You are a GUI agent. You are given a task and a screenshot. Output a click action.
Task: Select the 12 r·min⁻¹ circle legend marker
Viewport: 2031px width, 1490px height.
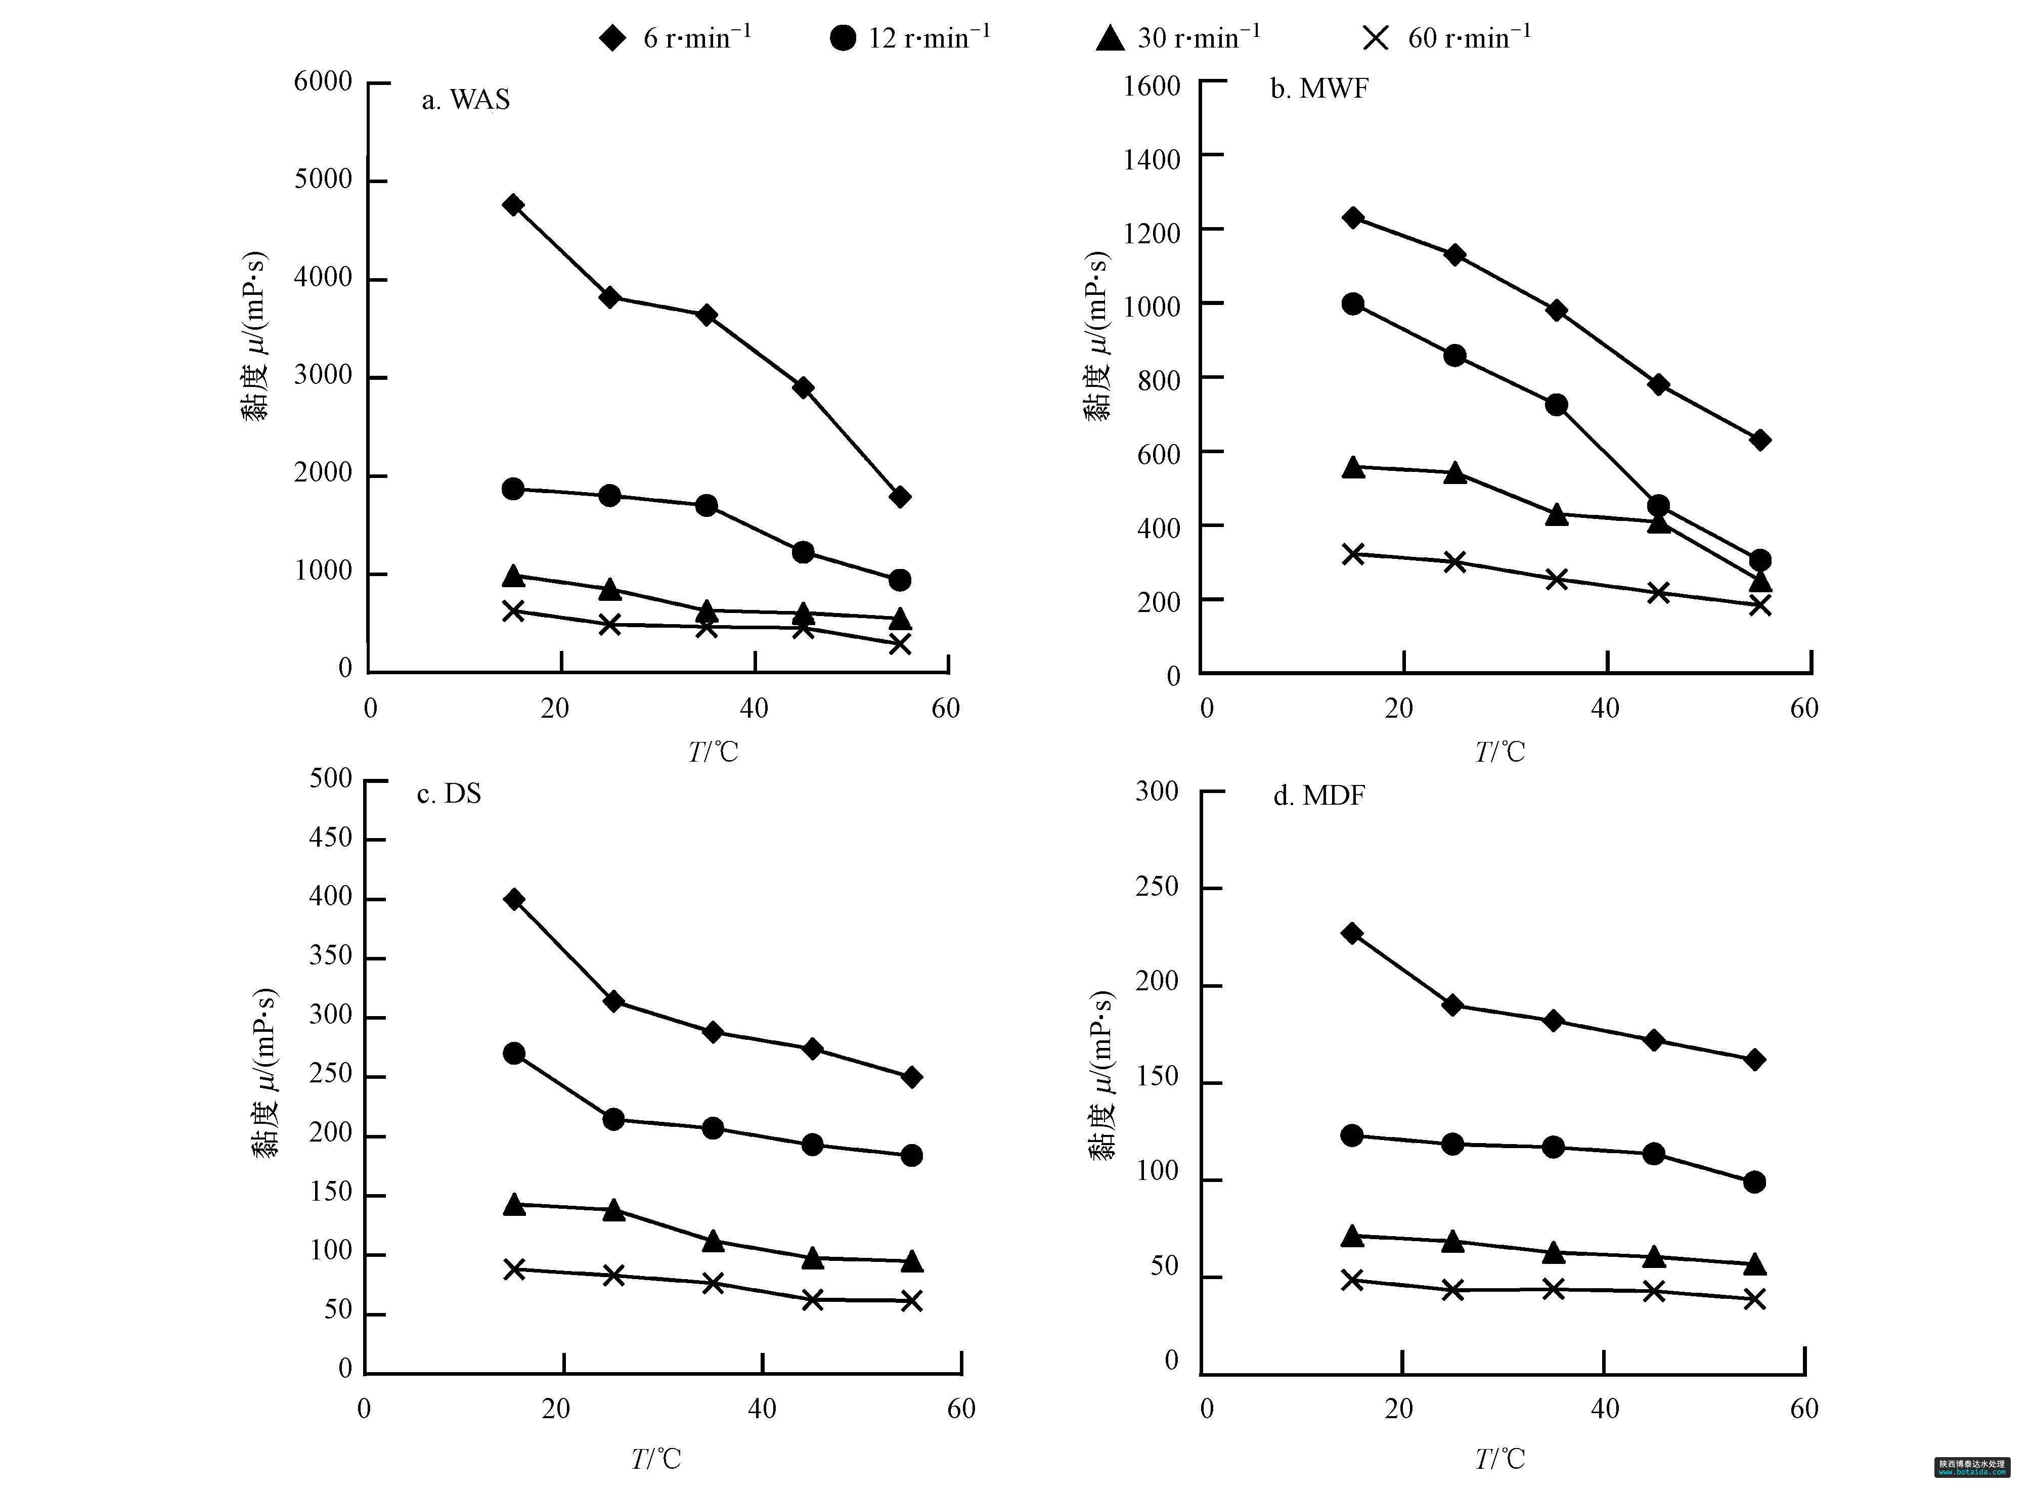(843, 38)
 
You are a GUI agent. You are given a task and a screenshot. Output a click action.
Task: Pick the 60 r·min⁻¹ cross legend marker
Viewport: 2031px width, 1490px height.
(1376, 38)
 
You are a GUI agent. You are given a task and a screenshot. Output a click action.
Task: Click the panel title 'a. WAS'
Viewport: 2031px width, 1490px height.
(465, 99)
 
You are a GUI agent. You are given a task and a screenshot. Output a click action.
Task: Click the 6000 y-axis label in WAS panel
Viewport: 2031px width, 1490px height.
(323, 81)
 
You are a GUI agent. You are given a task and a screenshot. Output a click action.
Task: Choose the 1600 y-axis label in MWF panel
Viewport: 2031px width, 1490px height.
(1152, 86)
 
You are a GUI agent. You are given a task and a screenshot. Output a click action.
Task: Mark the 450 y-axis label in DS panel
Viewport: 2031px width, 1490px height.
(330, 838)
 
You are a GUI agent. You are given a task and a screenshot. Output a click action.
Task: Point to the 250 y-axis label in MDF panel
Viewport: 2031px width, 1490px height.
(1157, 887)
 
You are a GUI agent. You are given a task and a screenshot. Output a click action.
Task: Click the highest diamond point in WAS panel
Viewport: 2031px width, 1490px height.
(513, 205)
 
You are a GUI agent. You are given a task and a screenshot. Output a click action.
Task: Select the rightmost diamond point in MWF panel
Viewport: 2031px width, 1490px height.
(1759, 440)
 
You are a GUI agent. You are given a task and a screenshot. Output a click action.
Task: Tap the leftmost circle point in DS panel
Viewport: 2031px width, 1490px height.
(514, 1054)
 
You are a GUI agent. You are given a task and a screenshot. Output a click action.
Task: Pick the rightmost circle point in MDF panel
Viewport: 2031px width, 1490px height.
(1754, 1181)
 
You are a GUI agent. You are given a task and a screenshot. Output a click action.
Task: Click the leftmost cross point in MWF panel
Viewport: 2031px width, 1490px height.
(1353, 554)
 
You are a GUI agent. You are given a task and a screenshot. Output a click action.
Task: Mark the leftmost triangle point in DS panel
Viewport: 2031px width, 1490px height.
(514, 1204)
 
